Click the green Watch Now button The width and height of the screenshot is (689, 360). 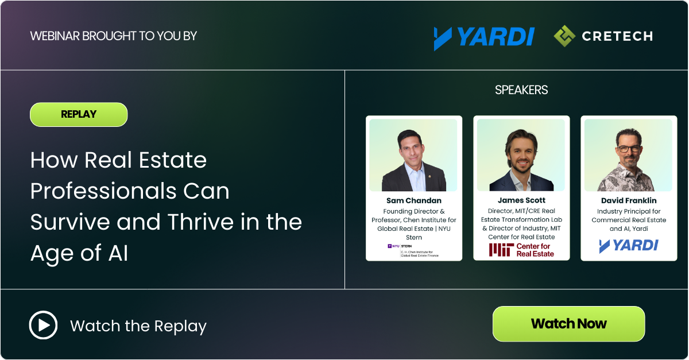point(568,324)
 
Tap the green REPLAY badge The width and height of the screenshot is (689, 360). point(79,114)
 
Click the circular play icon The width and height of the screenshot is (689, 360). point(43,326)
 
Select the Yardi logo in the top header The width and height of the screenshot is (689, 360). point(484,37)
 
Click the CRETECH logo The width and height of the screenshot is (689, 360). point(603,36)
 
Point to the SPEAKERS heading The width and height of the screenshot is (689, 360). point(521,90)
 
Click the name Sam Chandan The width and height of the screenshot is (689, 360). point(413,200)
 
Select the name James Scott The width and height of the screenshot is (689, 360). point(521,200)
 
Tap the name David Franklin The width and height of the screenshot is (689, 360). point(629,200)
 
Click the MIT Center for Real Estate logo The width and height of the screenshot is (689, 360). point(521,250)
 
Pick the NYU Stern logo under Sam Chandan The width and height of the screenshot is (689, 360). point(413,250)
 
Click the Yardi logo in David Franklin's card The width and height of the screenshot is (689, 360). point(629,246)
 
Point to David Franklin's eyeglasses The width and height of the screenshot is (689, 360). point(630,148)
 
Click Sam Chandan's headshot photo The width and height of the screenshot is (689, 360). point(413,155)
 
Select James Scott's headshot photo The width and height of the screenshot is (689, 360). point(521,155)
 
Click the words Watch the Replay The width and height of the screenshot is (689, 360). point(138,326)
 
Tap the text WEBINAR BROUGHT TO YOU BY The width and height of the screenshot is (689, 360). point(113,36)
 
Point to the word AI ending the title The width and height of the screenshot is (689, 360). point(118,253)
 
